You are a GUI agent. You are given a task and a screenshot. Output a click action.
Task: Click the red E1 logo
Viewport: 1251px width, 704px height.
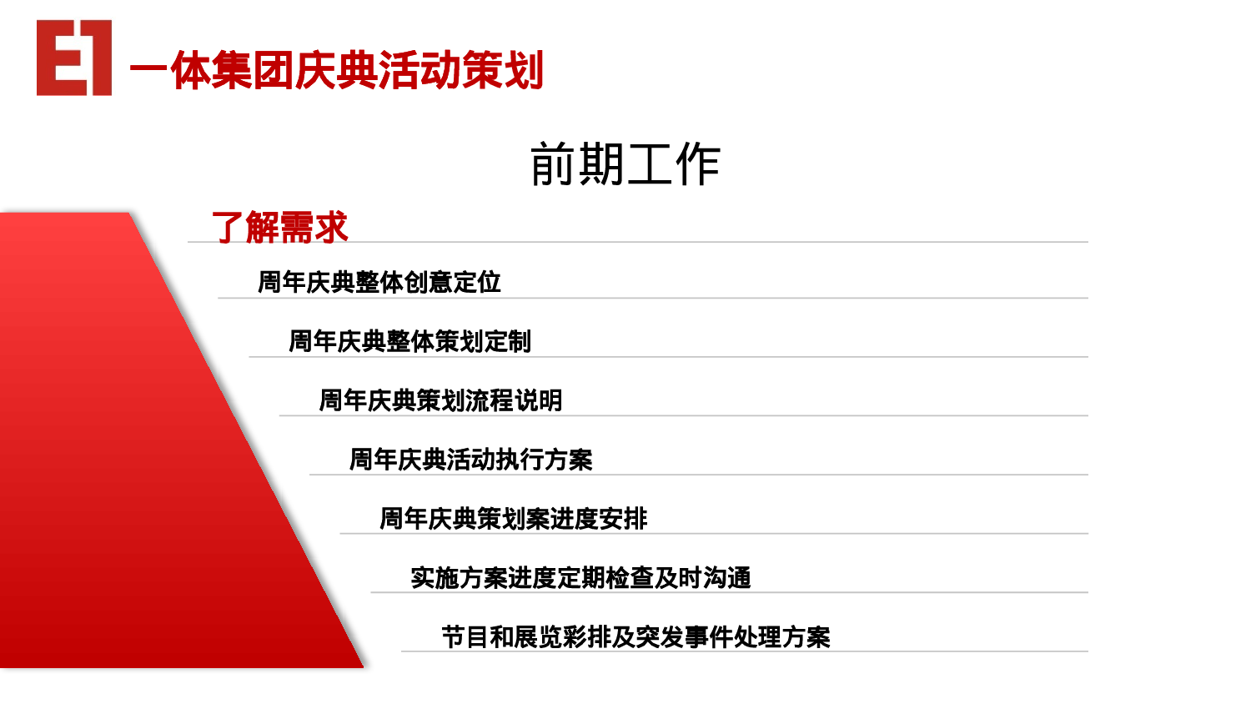(x=74, y=58)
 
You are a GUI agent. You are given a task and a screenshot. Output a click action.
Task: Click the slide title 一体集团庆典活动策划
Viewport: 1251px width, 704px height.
(x=336, y=70)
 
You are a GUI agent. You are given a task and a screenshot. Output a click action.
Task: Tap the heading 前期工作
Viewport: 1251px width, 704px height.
(x=625, y=164)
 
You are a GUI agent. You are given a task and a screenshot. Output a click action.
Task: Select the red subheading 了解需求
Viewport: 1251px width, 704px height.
(x=279, y=227)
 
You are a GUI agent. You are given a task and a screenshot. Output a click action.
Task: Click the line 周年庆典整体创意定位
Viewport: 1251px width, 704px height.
(x=379, y=282)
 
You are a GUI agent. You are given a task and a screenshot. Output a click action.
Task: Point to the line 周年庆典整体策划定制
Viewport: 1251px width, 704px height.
(x=409, y=341)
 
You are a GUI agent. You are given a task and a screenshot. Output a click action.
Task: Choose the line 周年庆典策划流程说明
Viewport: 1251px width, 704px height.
(x=440, y=400)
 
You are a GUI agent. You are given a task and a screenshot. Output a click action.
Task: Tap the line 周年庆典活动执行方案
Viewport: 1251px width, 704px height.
(x=470, y=460)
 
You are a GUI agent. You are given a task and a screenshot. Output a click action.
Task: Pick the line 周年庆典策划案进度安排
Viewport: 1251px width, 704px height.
(x=513, y=519)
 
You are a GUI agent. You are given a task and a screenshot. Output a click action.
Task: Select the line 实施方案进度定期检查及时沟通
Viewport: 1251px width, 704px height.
(x=580, y=578)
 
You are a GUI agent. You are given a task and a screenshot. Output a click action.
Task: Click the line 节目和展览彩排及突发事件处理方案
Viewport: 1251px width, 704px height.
(x=636, y=637)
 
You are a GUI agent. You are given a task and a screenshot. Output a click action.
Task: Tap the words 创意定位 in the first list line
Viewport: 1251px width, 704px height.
(x=453, y=282)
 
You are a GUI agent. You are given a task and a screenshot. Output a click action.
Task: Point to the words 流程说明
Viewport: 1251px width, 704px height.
(x=515, y=400)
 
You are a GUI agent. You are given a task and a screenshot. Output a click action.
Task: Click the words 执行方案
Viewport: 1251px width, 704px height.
(x=545, y=460)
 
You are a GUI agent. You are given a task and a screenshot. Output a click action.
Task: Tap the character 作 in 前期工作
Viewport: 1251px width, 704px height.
(x=697, y=164)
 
